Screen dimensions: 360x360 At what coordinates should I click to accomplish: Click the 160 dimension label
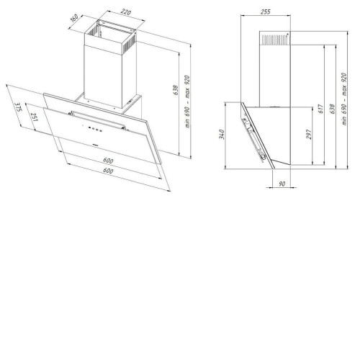(x=75, y=18)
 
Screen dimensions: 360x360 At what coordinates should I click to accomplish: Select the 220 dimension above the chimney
(x=126, y=12)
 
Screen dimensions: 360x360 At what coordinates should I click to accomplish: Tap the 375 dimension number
(x=18, y=107)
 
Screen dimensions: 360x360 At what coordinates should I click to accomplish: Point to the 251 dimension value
(x=34, y=117)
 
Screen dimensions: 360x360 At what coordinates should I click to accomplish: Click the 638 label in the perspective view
(x=176, y=90)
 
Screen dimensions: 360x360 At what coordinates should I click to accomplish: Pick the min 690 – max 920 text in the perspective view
(x=187, y=102)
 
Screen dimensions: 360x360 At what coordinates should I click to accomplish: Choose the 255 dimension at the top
(x=266, y=12)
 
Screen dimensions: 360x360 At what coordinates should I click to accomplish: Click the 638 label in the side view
(x=332, y=109)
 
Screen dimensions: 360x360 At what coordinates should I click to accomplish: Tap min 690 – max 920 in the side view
(x=344, y=99)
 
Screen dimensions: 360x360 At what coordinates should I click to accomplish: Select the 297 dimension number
(x=309, y=135)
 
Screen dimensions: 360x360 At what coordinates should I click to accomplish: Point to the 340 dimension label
(x=221, y=135)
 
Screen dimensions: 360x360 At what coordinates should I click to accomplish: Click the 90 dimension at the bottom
(x=282, y=184)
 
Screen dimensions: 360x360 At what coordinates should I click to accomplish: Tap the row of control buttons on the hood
(x=95, y=129)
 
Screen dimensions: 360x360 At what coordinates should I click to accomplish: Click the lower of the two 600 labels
(x=108, y=171)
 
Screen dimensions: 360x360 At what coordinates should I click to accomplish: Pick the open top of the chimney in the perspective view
(x=110, y=30)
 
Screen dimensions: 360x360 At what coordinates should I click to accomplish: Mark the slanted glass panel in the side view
(x=258, y=135)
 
